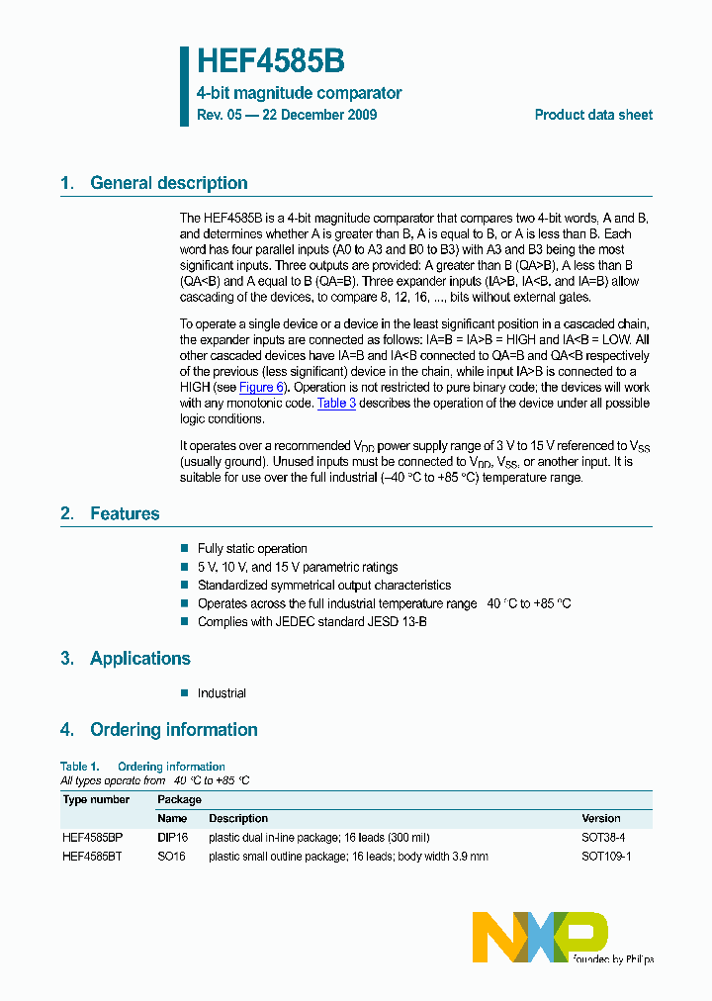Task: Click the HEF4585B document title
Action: tap(270, 62)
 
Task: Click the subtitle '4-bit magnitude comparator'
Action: tap(299, 93)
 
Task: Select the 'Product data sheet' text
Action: tap(593, 115)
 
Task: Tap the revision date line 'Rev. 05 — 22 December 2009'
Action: tap(287, 115)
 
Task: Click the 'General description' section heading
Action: tap(168, 183)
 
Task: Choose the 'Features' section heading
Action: tap(124, 513)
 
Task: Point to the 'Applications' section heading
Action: tap(139, 659)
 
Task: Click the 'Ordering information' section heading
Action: tap(173, 730)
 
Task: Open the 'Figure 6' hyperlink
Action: tap(261, 388)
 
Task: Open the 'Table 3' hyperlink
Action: tap(336, 404)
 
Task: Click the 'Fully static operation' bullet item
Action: tap(252, 549)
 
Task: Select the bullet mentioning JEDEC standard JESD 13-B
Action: tap(311, 622)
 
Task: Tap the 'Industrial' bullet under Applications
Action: tap(222, 693)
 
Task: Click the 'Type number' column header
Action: tap(96, 799)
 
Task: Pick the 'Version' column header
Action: tap(601, 818)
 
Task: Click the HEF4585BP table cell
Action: tap(92, 837)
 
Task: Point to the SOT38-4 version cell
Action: tap(603, 837)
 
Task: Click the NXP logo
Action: tap(540, 937)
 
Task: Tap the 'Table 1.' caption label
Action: tap(80, 767)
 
